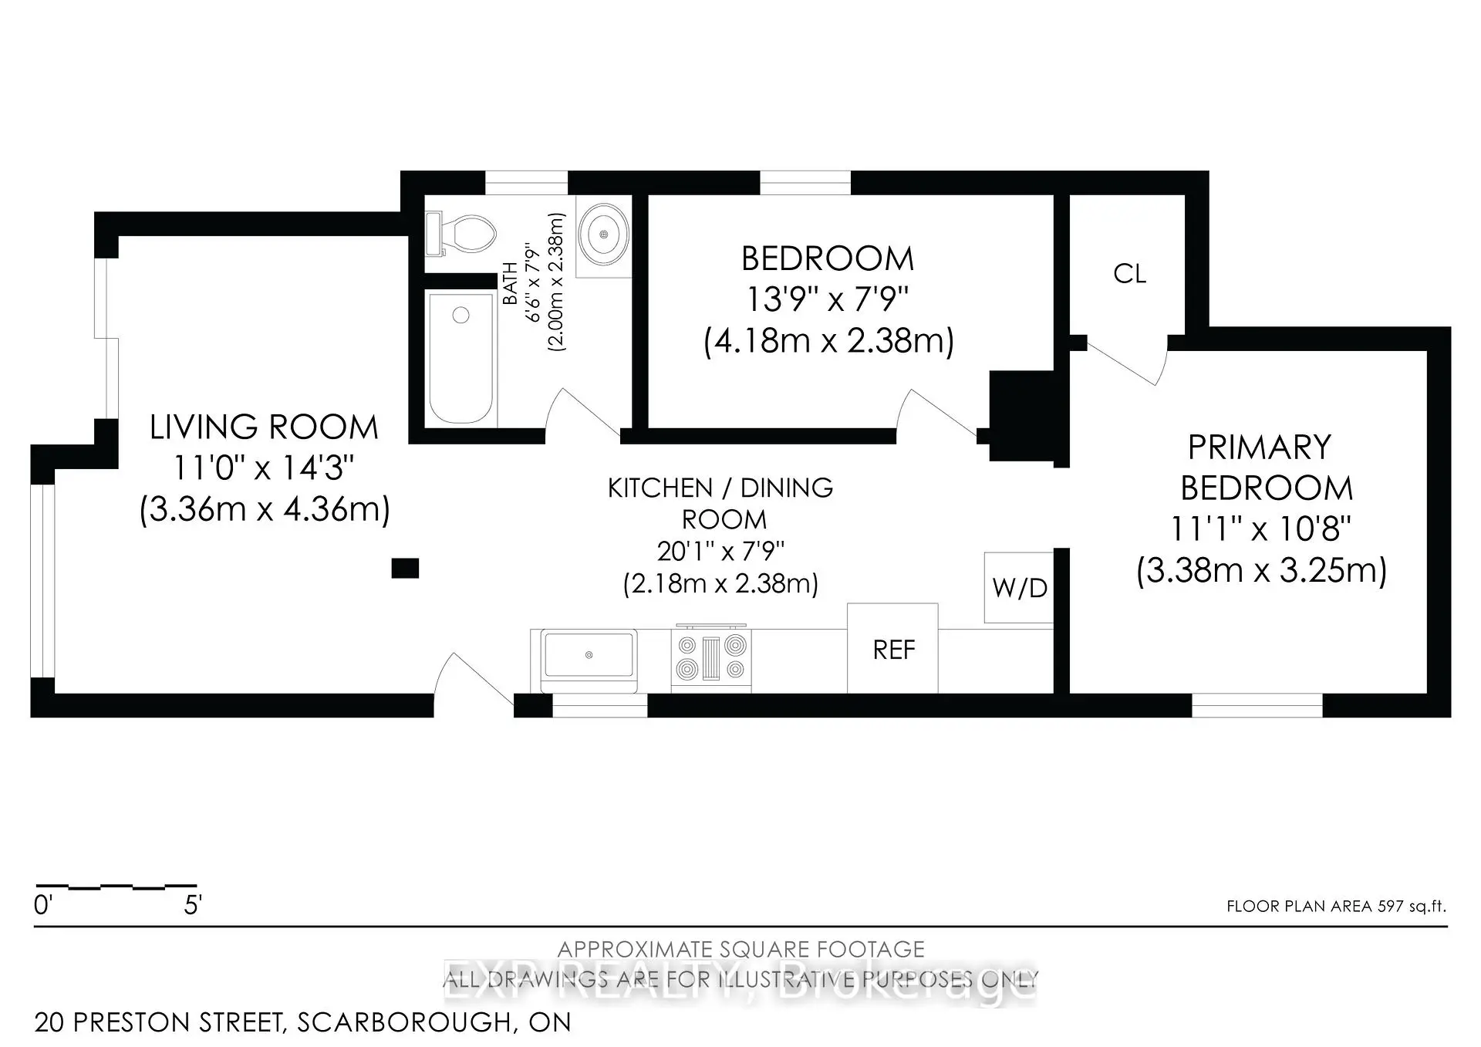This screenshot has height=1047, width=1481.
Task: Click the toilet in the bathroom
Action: (x=461, y=233)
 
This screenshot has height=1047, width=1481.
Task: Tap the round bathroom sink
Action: (x=604, y=234)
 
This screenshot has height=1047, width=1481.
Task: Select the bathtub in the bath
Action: (x=460, y=357)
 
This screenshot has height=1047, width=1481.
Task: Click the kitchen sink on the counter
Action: (x=589, y=655)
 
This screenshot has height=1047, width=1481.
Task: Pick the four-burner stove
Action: (x=710, y=657)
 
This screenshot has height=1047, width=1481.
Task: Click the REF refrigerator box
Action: (x=893, y=650)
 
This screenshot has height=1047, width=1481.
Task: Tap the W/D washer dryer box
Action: (x=1019, y=588)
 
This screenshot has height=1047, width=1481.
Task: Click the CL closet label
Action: (x=1129, y=273)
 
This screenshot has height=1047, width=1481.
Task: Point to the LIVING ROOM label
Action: (x=264, y=427)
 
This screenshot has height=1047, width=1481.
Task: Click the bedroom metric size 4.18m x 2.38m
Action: (x=828, y=340)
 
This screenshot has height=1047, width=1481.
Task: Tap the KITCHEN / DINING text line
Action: (x=720, y=488)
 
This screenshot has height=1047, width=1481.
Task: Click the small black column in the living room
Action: (x=405, y=569)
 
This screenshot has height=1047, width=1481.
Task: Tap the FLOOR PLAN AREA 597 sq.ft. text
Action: (x=1336, y=907)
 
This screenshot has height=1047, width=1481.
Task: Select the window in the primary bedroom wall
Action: (x=1257, y=705)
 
